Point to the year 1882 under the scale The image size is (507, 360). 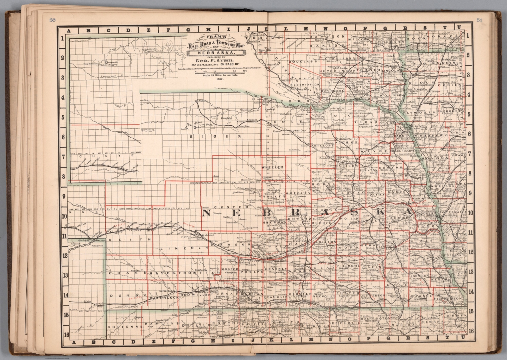click(x=216, y=80)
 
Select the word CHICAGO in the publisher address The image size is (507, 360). click(x=229, y=65)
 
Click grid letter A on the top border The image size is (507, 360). click(x=69, y=31)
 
